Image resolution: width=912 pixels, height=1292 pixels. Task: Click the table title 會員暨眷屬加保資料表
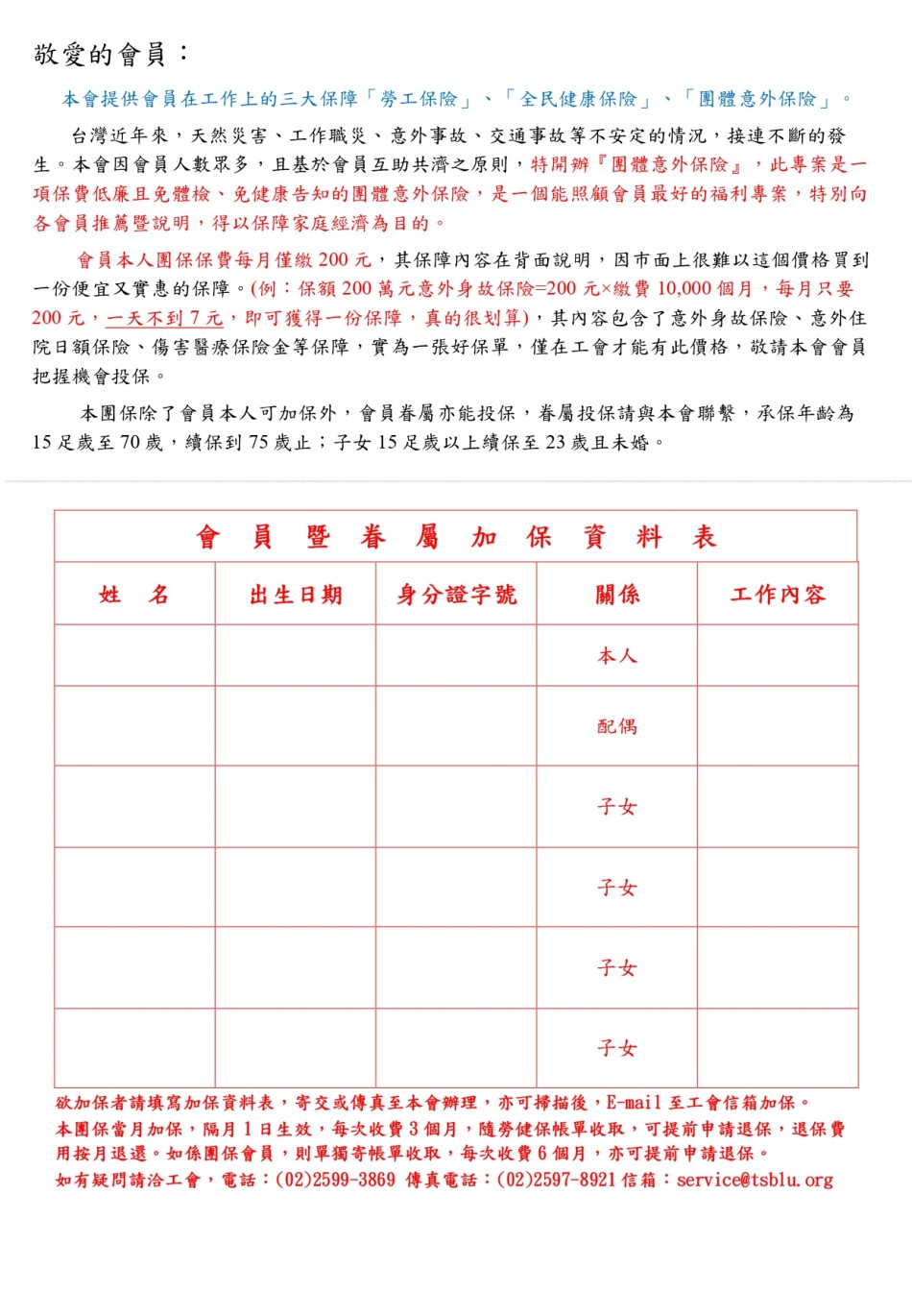point(456,537)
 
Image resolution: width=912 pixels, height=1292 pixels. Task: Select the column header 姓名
point(134,595)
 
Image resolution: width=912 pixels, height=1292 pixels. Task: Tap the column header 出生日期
point(296,595)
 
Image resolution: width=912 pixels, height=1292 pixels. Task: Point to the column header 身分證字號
point(457,595)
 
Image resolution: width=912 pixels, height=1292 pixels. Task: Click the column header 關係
point(617,595)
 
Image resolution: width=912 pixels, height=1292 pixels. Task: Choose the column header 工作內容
point(778,595)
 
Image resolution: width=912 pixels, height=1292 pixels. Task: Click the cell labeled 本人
point(617,656)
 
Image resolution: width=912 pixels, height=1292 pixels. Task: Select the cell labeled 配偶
point(617,726)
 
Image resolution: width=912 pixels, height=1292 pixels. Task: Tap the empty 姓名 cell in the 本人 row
point(134,656)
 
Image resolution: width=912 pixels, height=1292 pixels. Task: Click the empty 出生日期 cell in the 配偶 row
point(296,726)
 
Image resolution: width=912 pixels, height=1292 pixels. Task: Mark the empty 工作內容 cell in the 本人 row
point(778,656)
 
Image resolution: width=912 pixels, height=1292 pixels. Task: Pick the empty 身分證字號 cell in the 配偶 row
point(457,726)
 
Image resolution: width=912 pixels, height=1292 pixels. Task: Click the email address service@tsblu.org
point(755,1180)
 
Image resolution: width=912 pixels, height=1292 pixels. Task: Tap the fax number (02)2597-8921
point(557,1180)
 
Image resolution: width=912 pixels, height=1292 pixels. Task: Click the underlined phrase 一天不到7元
point(164,318)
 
